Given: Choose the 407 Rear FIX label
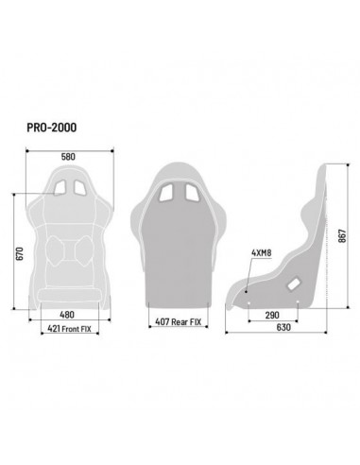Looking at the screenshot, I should (179, 322).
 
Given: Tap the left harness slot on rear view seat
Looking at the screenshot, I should (165, 193).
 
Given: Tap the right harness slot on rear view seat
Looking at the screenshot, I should (191, 193).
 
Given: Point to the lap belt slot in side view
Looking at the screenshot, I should (293, 282).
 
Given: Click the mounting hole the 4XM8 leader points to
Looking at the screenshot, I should (248, 291).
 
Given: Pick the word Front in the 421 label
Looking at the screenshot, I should (71, 331).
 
